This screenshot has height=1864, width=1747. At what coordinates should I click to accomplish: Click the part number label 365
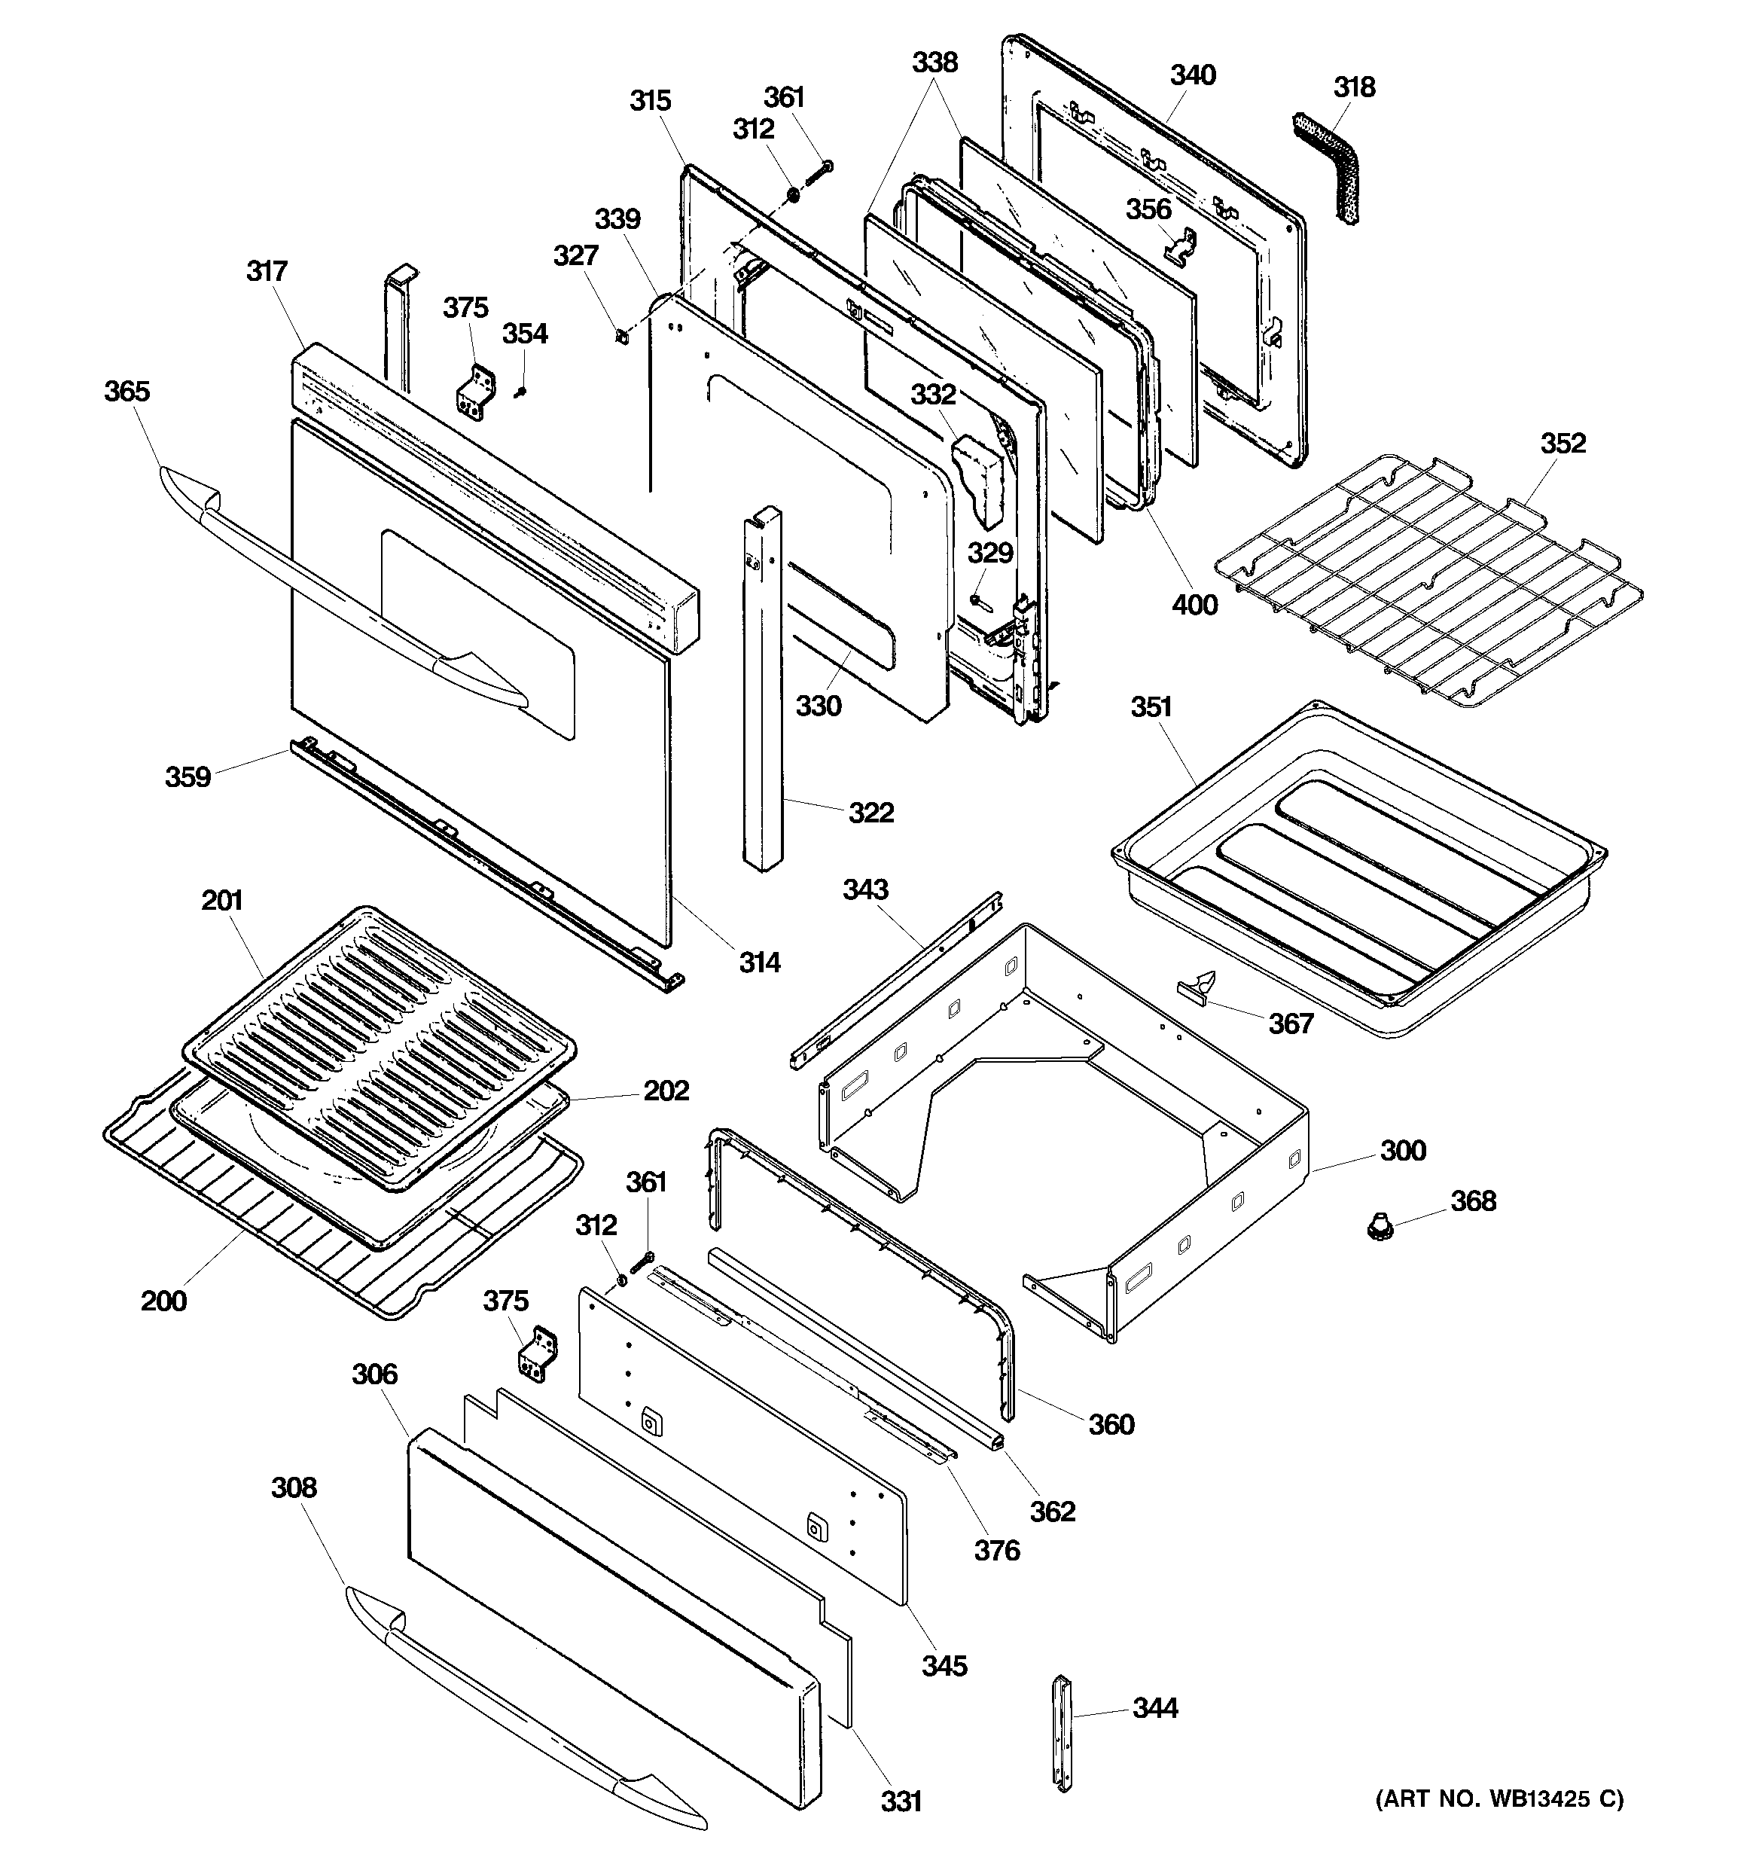pyautogui.click(x=127, y=391)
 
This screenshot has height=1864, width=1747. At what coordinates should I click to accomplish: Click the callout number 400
pyautogui.click(x=1195, y=605)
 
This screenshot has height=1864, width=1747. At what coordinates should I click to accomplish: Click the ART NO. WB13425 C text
pyautogui.click(x=1499, y=1798)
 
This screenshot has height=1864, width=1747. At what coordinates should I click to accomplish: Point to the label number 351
pyautogui.click(x=1151, y=707)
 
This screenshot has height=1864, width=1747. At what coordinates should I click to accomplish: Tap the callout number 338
pyautogui.click(x=935, y=63)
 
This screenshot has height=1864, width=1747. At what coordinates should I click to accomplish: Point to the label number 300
pyautogui.click(x=1403, y=1151)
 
